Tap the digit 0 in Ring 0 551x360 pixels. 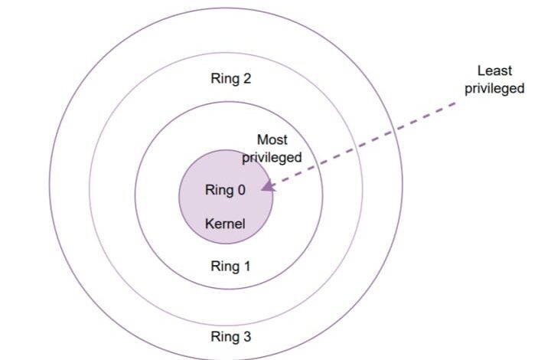tap(241, 190)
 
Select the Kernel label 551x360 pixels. tap(225, 224)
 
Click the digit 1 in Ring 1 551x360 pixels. tap(246, 266)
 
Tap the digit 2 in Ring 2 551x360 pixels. tap(246, 78)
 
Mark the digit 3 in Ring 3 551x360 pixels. tap(246, 336)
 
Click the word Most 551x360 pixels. tap(272, 140)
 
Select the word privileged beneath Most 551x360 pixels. tap(272, 158)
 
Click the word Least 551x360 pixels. tap(494, 70)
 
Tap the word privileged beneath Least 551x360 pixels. tap(494, 88)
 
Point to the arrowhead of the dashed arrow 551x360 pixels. tap(268, 186)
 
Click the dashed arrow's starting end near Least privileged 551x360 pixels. tap(455, 103)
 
